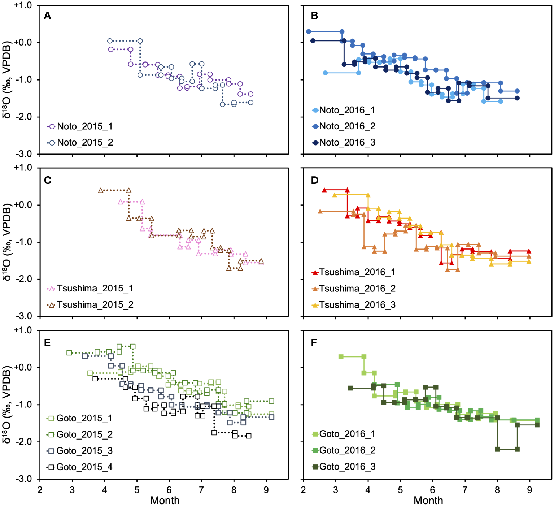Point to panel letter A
(x=47, y=16)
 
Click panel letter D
(x=315, y=180)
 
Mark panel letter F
(x=314, y=342)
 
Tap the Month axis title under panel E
(x=165, y=501)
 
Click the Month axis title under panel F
(x=428, y=501)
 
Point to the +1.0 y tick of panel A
(x=22, y=5)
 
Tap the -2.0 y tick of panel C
(x=23, y=279)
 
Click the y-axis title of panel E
(x=7, y=405)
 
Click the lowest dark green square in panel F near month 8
(x=497, y=449)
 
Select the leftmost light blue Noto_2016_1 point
(x=325, y=73)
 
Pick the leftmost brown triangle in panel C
(x=101, y=190)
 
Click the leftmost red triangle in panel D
(x=324, y=190)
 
